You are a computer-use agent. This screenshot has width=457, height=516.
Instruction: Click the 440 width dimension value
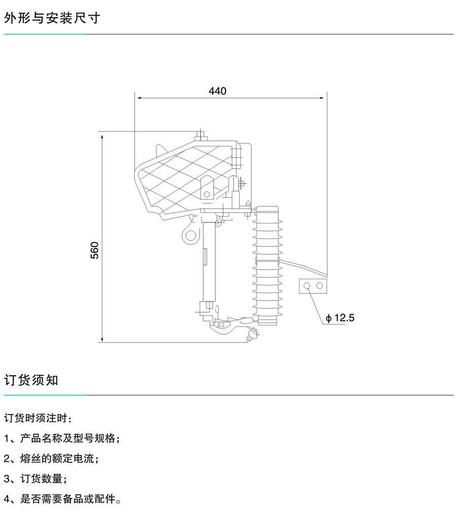click(x=217, y=91)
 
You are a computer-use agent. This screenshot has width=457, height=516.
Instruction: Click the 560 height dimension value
click(x=95, y=250)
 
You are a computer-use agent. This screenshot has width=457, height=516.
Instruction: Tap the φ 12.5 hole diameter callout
click(x=340, y=318)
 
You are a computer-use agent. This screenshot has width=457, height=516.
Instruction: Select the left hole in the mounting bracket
click(x=307, y=286)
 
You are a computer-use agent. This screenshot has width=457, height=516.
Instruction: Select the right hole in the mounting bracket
click(x=319, y=286)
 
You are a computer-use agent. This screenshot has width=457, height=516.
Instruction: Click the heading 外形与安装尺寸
click(x=52, y=18)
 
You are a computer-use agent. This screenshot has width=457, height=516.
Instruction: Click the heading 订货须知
click(x=31, y=380)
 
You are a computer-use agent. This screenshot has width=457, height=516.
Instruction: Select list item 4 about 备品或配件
click(x=62, y=499)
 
